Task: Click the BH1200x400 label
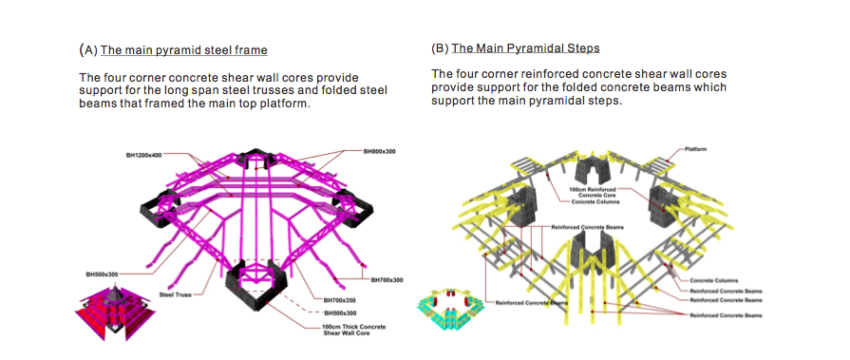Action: (x=143, y=155)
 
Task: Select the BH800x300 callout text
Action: (x=380, y=151)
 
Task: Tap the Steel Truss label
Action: (x=174, y=294)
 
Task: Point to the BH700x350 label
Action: (x=340, y=300)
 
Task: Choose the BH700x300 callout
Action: (x=387, y=280)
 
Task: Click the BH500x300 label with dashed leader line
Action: (x=340, y=313)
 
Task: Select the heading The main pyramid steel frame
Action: (x=183, y=50)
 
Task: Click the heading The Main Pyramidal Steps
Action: (x=526, y=48)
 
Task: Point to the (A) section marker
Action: (x=88, y=50)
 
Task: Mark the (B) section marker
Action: (x=440, y=48)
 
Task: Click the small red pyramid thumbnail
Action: (x=116, y=313)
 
